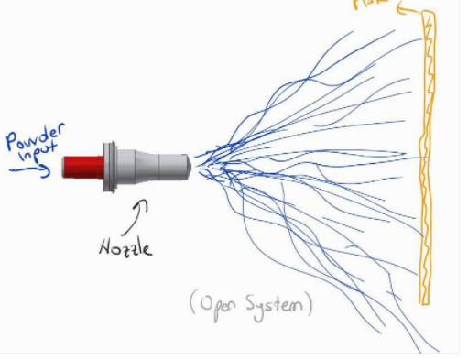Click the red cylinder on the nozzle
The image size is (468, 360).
click(x=83, y=166)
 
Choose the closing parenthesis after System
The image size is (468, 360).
click(x=310, y=305)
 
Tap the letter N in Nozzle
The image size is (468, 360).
click(x=103, y=247)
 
